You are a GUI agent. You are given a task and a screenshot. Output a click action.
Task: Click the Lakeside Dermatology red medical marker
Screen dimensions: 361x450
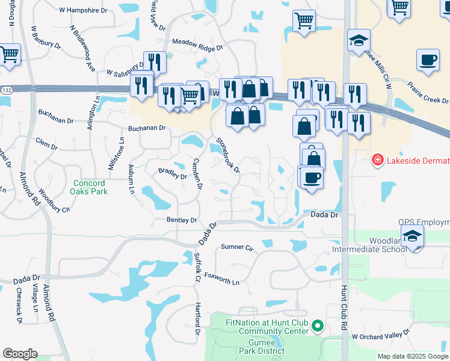click(x=377, y=161)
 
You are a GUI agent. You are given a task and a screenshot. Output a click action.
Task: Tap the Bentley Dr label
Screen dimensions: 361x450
click(x=182, y=220)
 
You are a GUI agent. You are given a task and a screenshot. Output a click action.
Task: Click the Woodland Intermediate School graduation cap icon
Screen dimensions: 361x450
click(x=413, y=237)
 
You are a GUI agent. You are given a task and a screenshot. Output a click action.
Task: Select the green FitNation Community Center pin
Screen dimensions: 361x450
click(x=319, y=327)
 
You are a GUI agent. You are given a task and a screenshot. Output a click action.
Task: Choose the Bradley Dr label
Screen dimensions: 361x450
click(x=172, y=173)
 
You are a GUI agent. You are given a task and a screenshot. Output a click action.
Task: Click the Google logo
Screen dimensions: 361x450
click(x=20, y=354)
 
